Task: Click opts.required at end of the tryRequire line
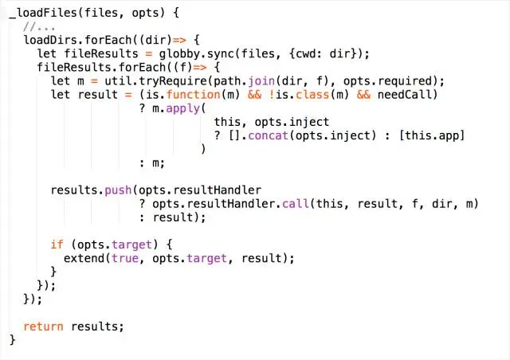393,81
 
